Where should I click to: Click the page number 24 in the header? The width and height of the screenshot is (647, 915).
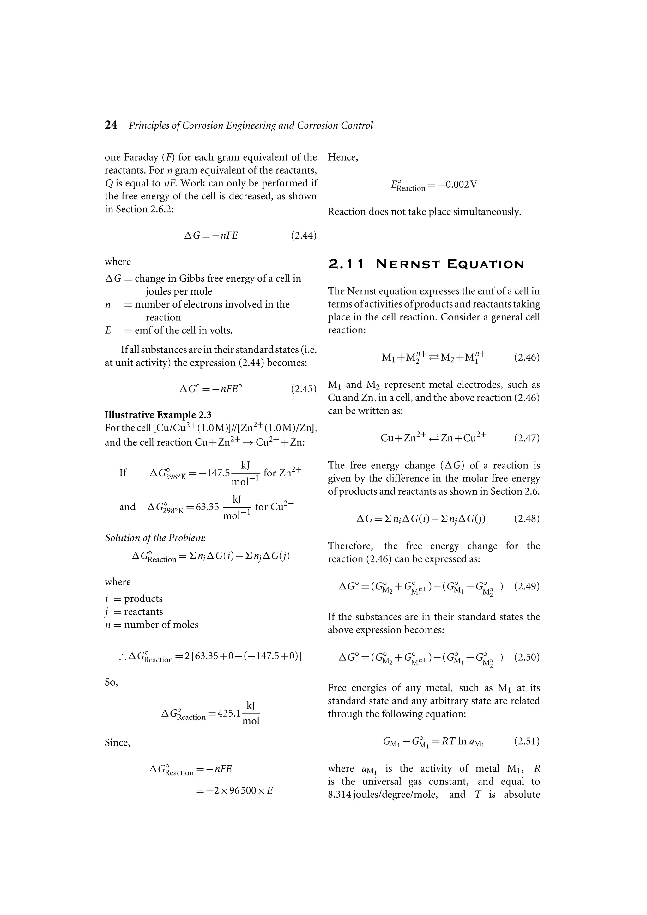click(111, 125)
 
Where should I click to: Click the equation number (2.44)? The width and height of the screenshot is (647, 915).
click(304, 235)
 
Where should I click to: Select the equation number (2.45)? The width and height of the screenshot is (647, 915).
click(304, 389)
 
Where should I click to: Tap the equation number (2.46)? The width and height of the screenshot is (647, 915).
click(527, 357)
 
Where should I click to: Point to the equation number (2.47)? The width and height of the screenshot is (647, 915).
click(527, 438)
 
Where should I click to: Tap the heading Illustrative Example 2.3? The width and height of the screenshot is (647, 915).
click(158, 415)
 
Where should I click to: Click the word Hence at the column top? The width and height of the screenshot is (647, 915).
click(343, 157)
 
